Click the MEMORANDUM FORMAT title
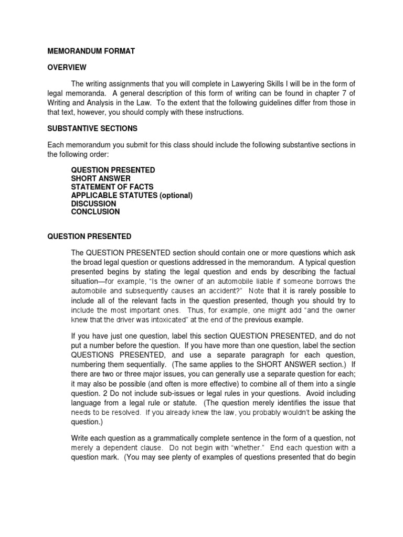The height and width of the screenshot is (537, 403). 91,51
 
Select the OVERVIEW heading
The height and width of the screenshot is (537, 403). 67,68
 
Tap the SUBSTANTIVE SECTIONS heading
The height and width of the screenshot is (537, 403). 92,128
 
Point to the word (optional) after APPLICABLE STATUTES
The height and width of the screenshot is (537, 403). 176,195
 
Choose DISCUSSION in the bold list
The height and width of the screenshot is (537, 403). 94,203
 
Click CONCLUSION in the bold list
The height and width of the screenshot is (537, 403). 96,212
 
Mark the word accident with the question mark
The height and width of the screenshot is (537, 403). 216,291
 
